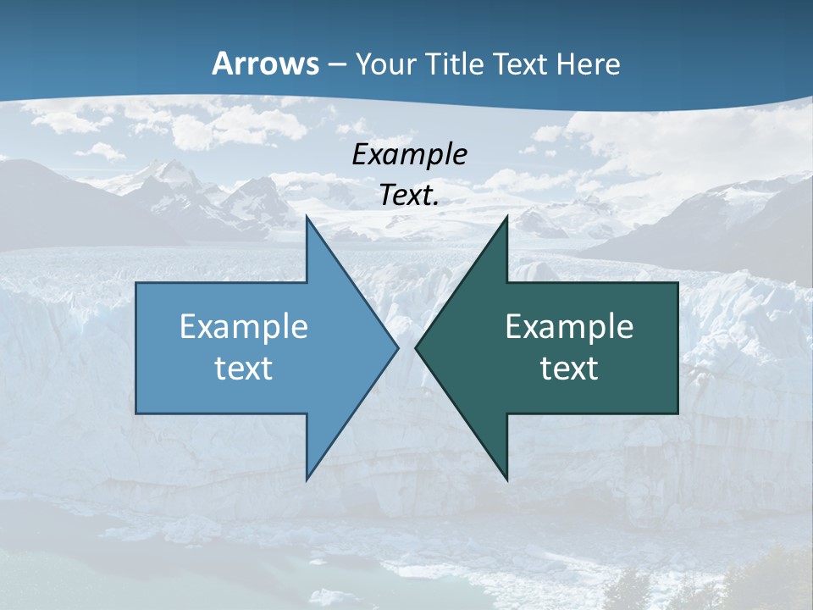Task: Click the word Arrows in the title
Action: (x=265, y=64)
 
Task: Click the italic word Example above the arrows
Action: (x=410, y=155)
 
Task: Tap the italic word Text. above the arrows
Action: (x=410, y=196)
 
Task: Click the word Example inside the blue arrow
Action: (x=244, y=327)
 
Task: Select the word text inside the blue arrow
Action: (x=244, y=369)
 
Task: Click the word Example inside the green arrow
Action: (x=569, y=327)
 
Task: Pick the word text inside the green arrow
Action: (x=569, y=369)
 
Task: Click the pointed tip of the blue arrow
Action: (x=397, y=347)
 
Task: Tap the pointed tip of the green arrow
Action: (x=417, y=347)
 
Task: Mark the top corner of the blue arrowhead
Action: (x=307, y=218)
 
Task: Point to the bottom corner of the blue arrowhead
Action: (x=307, y=479)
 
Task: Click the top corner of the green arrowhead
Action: (x=506, y=218)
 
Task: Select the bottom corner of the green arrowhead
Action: (x=506, y=479)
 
